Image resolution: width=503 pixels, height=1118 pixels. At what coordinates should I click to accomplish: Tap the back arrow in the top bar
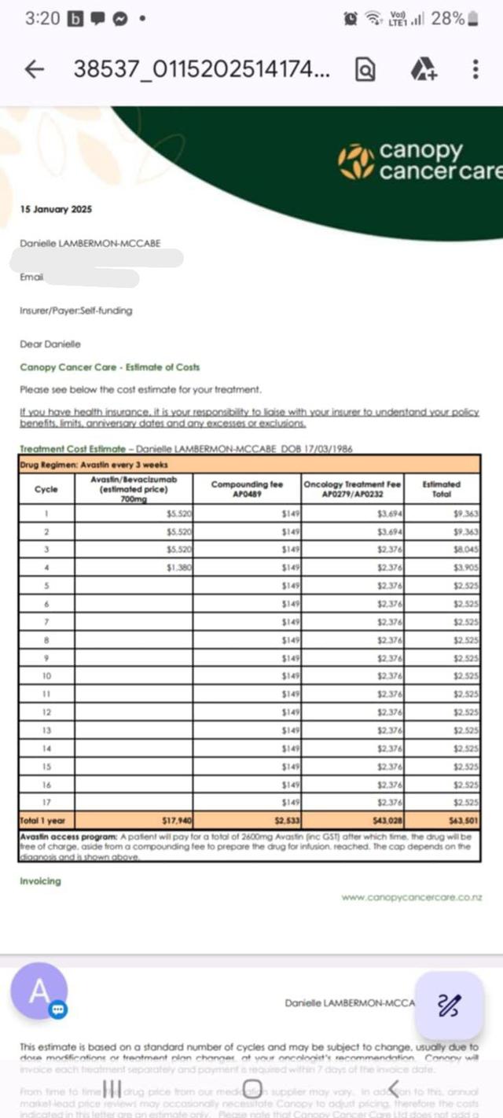point(34,69)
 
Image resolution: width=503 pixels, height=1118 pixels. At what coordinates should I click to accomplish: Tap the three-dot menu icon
point(475,69)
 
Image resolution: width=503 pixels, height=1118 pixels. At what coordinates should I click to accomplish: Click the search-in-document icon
point(365,70)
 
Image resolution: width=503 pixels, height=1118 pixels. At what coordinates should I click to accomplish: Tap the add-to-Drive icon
point(423,70)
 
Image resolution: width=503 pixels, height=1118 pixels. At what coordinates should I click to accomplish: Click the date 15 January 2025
point(56,209)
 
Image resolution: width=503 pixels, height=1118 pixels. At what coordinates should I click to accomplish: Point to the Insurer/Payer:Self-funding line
point(75,311)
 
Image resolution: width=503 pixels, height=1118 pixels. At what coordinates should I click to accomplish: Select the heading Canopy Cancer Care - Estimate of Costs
point(109,367)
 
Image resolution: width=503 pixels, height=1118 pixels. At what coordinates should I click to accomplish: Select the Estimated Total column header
point(446,489)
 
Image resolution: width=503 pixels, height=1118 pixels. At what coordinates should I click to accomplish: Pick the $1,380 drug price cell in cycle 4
point(181,567)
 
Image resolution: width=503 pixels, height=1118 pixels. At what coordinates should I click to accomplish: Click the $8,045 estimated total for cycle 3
point(466,549)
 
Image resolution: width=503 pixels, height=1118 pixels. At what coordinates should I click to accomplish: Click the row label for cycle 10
point(46,675)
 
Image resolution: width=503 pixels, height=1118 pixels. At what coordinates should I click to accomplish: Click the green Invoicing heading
point(40,881)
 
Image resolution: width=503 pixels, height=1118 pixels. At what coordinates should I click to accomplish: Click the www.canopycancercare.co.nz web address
point(412,897)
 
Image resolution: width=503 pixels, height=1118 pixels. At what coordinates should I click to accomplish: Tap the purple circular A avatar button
point(39,991)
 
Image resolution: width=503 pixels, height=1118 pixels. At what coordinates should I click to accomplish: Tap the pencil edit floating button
point(449,1004)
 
